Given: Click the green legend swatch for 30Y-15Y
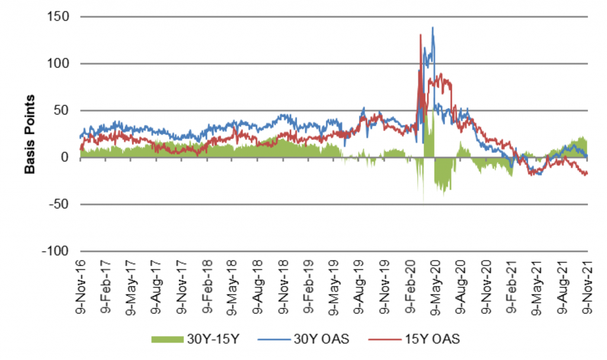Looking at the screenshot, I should coord(171,339).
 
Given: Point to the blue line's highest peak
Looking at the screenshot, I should coord(433,27).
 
